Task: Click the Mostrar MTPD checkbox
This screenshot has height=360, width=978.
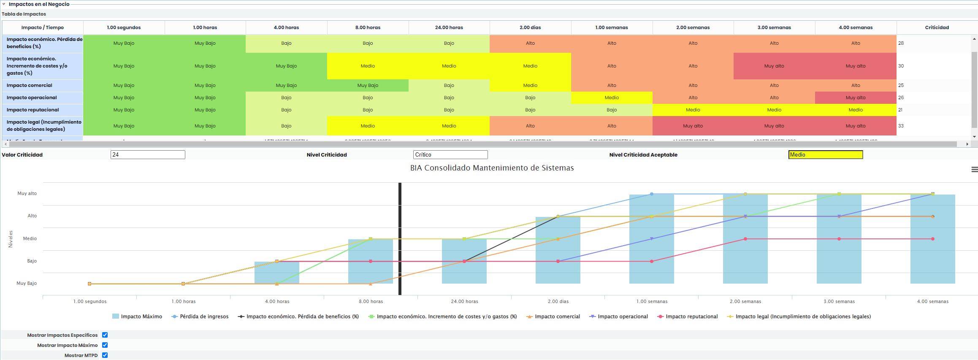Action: tap(105, 355)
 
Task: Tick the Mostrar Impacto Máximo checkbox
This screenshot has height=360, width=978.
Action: tap(105, 345)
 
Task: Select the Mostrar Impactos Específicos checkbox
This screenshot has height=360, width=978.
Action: tap(105, 335)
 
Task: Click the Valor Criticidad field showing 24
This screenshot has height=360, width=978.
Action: tap(148, 155)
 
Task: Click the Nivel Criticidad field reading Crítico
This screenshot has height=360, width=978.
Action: tap(450, 155)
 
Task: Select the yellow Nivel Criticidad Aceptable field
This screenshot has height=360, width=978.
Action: tap(825, 155)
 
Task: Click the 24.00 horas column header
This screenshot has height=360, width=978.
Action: tap(449, 27)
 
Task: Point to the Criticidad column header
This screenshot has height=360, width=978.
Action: tap(937, 27)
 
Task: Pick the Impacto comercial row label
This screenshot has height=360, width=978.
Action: tap(30, 85)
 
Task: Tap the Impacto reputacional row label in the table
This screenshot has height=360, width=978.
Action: tap(33, 110)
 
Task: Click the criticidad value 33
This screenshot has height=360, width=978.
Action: tap(901, 126)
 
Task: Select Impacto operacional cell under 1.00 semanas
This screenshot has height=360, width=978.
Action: tap(612, 97)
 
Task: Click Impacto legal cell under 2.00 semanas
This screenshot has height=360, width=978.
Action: tap(693, 126)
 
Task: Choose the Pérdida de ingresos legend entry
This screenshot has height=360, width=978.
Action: tap(204, 317)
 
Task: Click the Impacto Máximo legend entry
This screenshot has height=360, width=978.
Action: tap(141, 317)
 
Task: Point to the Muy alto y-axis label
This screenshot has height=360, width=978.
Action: tap(27, 193)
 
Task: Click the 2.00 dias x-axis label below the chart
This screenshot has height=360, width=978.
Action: tap(558, 301)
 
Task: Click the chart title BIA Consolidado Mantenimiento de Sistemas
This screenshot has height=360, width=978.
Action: tap(492, 168)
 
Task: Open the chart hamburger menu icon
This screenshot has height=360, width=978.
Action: tap(974, 169)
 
